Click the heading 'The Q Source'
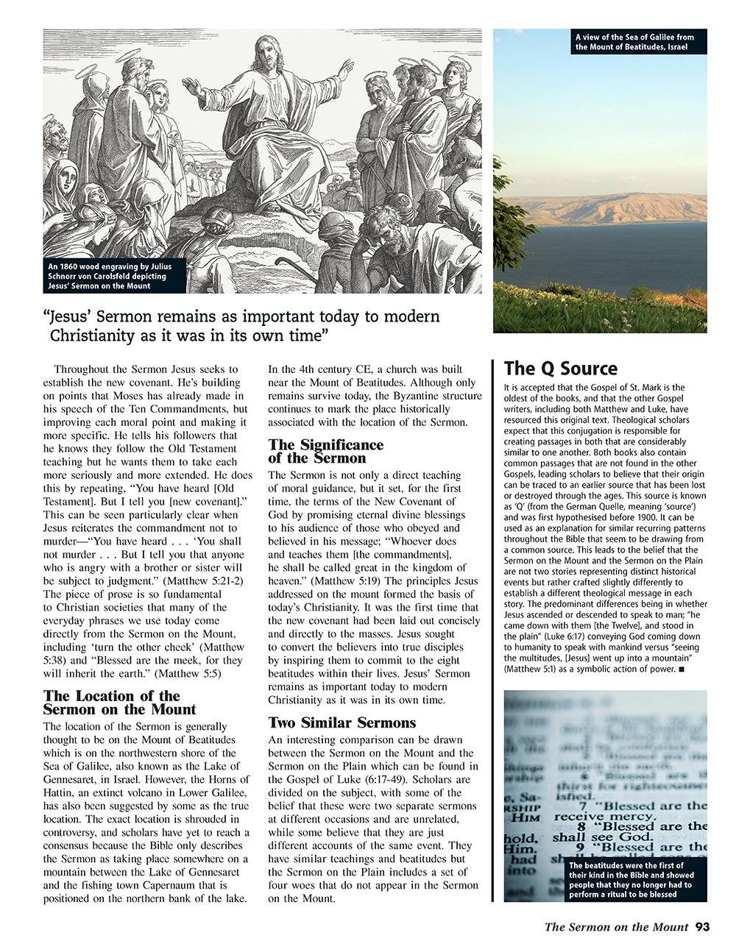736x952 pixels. (x=560, y=369)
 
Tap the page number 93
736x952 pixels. (x=702, y=927)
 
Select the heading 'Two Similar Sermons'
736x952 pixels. (x=342, y=722)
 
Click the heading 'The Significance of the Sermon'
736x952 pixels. (x=325, y=451)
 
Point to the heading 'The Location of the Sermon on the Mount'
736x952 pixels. (x=119, y=703)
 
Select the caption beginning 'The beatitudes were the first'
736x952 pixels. (x=634, y=881)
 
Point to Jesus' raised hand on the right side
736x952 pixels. (x=344, y=70)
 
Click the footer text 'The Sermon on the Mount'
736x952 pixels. (x=616, y=927)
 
